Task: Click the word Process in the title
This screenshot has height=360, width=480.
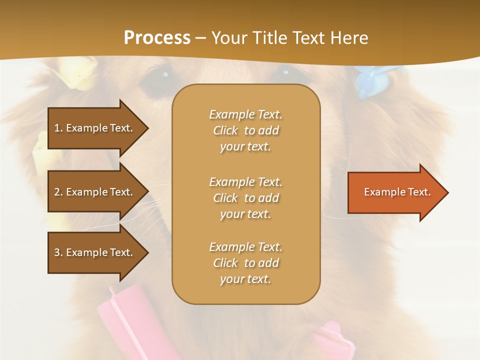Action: point(157,38)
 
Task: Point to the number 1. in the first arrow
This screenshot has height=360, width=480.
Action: point(58,128)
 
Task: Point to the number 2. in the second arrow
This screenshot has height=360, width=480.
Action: point(58,192)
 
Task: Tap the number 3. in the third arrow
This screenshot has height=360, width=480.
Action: point(58,252)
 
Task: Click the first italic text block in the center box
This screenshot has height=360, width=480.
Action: point(245,130)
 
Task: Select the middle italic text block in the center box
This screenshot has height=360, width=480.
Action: point(245,198)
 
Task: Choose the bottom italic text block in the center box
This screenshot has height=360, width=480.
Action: point(245,263)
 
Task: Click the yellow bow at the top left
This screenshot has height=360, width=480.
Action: point(80,72)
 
